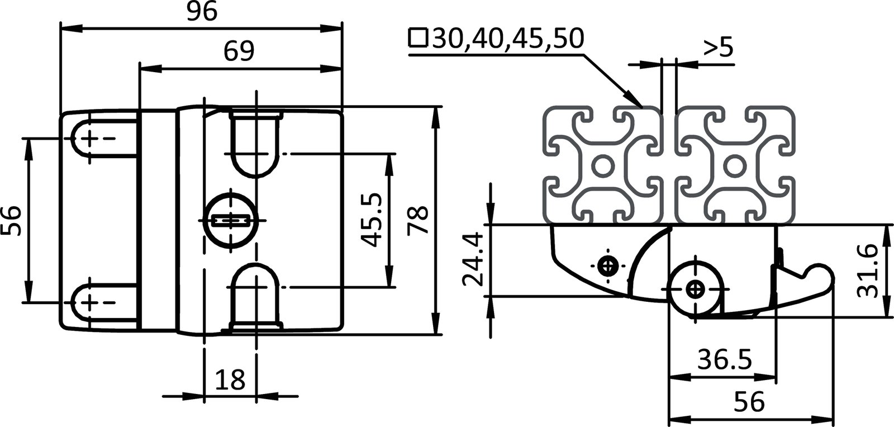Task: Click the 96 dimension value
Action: click(202, 12)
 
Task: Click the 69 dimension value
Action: click(239, 51)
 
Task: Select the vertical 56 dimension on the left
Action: click(12, 220)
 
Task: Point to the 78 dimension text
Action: click(418, 220)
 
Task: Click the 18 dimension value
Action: click(230, 380)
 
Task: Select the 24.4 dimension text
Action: click(473, 259)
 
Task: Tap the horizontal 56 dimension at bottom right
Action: click(748, 401)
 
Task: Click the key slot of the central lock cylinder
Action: click(231, 220)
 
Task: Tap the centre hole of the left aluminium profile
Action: click(602, 166)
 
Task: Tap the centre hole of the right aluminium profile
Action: click(734, 166)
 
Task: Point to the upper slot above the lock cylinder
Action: click(256, 143)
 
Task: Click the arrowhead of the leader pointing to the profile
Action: click(636, 100)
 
